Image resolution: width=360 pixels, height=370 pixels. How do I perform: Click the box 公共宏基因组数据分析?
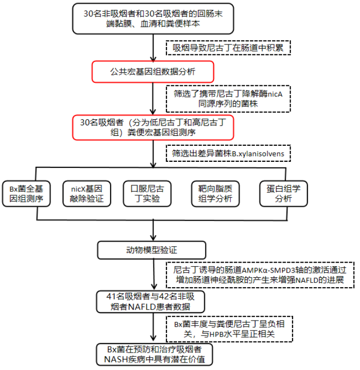point(153,72)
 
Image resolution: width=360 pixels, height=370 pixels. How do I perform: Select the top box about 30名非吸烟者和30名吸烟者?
point(153,18)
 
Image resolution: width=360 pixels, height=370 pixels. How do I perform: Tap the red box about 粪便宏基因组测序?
point(153,127)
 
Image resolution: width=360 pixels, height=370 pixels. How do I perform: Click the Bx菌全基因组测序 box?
point(26,194)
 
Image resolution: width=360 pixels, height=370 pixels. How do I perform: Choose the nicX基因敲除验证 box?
point(86,194)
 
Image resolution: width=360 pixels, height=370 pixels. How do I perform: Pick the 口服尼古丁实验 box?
point(147,194)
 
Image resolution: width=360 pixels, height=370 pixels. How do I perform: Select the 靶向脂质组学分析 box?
point(215,194)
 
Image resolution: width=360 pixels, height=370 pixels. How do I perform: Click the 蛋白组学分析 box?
point(283,194)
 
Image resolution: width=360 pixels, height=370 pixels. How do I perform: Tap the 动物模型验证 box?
point(151,250)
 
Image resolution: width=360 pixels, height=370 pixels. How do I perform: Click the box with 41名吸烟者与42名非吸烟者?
point(150,302)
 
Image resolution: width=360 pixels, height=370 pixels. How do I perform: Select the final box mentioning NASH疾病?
point(154,355)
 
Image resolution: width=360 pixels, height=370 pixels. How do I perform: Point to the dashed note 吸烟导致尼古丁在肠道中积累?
point(228,48)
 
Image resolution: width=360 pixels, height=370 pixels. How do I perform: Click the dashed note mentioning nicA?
point(228,99)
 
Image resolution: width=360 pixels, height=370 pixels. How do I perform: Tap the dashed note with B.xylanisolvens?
point(228,153)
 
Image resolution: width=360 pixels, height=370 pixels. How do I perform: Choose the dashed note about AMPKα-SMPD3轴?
point(260,275)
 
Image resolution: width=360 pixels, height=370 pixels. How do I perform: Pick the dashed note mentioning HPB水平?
point(229,329)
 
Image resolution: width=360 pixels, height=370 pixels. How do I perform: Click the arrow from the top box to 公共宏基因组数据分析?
point(153,48)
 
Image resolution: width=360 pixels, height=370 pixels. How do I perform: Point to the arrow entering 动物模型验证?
point(153,230)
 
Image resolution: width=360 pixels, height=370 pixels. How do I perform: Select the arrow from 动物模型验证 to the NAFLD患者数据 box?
point(154,275)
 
